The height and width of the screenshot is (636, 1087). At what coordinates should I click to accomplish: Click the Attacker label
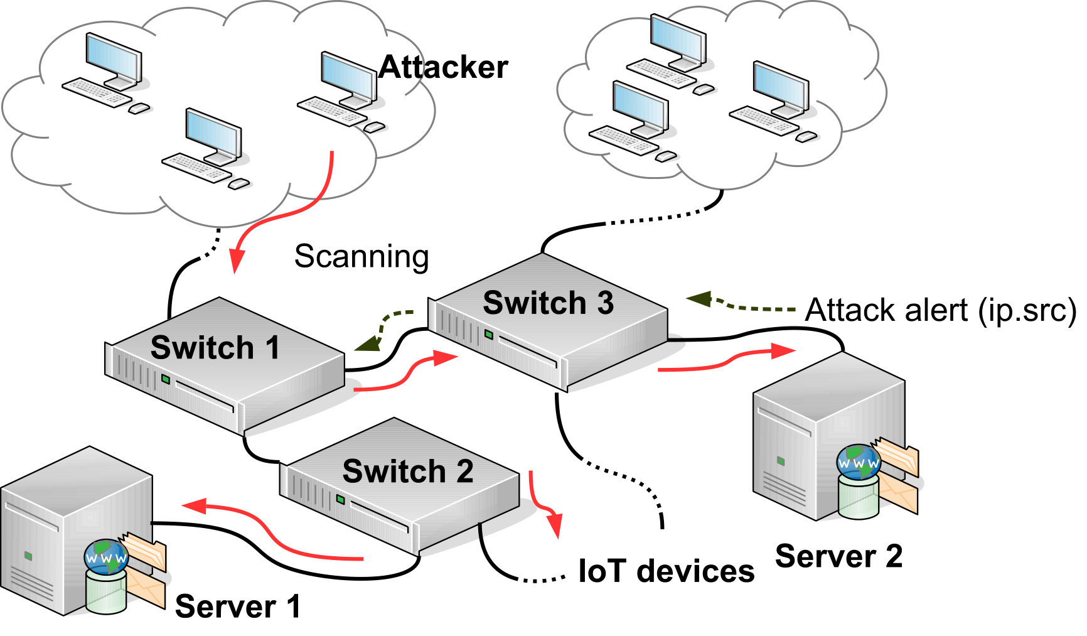click(x=443, y=67)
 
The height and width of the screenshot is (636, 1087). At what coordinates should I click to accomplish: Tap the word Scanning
click(x=362, y=257)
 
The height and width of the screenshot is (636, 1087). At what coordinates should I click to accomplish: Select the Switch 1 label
click(x=215, y=347)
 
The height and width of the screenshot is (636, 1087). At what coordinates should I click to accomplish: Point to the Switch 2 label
click(x=408, y=471)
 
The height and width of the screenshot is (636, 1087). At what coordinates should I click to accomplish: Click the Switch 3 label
click(x=548, y=303)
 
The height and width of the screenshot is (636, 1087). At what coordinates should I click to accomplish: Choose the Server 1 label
click(x=238, y=606)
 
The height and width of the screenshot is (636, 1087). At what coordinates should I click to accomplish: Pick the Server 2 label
click(x=838, y=556)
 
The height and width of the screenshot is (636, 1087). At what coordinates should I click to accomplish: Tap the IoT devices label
click(x=666, y=571)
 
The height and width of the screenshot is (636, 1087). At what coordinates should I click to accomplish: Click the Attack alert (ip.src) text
click(x=940, y=310)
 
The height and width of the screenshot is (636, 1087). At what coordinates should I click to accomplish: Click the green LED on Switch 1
click(x=166, y=379)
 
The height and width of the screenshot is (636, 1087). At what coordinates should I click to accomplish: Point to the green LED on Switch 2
click(x=340, y=500)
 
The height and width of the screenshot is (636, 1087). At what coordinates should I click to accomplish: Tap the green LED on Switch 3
click(x=488, y=335)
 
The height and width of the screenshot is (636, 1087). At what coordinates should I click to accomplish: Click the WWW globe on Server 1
click(x=106, y=557)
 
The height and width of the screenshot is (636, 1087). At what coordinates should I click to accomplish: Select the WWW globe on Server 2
click(x=859, y=462)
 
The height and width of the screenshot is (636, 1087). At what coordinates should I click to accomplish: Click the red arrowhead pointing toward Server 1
click(x=194, y=505)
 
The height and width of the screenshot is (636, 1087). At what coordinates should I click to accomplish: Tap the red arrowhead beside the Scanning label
click(x=236, y=261)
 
